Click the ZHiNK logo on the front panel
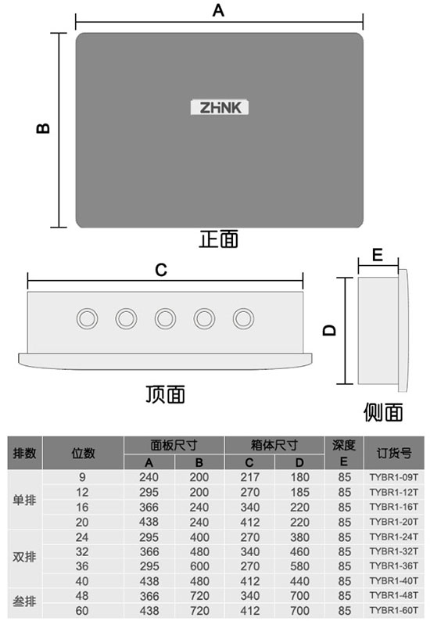(x=220, y=107)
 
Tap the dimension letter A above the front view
(x=218, y=10)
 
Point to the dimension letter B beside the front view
(x=43, y=128)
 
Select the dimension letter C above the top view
(x=161, y=270)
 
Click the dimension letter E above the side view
(x=378, y=255)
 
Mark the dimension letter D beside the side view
(x=329, y=331)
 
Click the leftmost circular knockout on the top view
(x=87, y=318)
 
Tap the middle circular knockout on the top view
(x=165, y=318)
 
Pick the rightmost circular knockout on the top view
(x=243, y=318)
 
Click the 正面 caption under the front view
(x=219, y=239)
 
